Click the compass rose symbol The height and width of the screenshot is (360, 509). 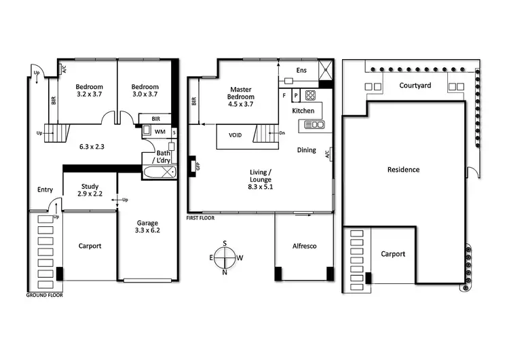click(225, 257)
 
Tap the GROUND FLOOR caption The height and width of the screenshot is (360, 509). click(45, 295)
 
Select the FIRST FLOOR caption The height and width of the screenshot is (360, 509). click(204, 218)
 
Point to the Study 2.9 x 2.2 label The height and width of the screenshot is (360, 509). click(90, 190)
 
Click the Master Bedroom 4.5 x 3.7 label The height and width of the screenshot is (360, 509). click(241, 96)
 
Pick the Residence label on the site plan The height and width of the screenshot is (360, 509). click(403, 169)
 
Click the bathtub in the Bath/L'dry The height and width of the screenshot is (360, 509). click(159, 172)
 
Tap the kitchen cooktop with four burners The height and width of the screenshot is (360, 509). click(310, 95)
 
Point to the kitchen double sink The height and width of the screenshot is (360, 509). click(316, 124)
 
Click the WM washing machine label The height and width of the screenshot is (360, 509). click(159, 131)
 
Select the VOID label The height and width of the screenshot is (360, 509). click(235, 135)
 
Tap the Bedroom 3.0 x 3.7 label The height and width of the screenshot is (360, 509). click(145, 90)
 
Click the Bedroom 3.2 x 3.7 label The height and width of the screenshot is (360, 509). click(89, 90)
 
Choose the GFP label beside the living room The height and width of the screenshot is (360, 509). click(198, 166)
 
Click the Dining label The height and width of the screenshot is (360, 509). click(306, 150)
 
